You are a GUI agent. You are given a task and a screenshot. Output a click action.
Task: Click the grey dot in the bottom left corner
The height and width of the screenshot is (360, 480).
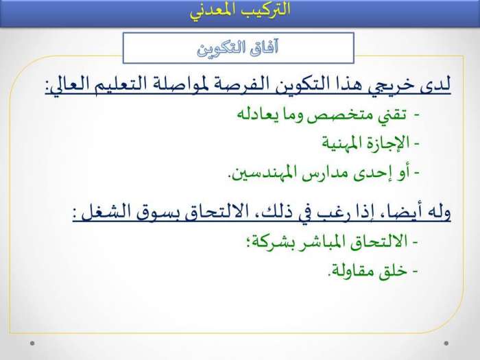tap(32, 343)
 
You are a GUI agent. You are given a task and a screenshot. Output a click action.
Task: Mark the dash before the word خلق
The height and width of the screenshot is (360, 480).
tap(415, 271)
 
